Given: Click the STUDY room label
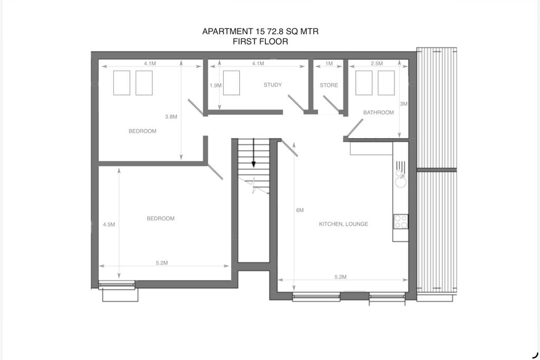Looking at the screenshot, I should (273, 85).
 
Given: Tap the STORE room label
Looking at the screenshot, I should (329, 85).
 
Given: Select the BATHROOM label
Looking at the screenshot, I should (378, 112).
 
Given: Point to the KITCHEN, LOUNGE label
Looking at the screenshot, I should (343, 224).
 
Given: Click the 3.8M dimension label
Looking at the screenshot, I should (171, 116).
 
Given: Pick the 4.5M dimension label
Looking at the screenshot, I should (109, 224).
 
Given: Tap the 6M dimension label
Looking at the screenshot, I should (300, 210).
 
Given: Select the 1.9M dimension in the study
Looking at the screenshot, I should (215, 85).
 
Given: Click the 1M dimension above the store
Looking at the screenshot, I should (329, 64).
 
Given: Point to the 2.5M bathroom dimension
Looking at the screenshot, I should (377, 64).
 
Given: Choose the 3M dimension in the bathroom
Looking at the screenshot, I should (403, 104).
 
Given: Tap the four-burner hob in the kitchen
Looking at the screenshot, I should (401, 221).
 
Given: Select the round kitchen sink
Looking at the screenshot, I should (401, 182).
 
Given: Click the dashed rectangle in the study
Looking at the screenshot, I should (231, 83).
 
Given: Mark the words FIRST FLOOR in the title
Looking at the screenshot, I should (260, 42).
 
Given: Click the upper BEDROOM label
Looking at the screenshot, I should (142, 131).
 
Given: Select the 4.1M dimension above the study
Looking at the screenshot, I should (257, 64).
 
